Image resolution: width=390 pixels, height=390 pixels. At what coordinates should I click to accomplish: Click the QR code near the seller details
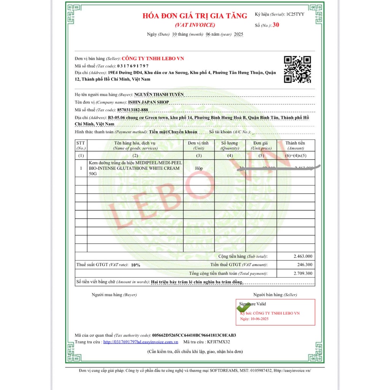[x=297, y=69]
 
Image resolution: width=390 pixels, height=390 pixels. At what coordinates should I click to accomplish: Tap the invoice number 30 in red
[x=276, y=25]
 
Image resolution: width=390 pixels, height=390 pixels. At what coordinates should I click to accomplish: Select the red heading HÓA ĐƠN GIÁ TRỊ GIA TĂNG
[x=195, y=16]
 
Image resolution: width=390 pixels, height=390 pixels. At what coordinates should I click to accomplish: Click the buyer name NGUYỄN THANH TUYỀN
[x=159, y=94]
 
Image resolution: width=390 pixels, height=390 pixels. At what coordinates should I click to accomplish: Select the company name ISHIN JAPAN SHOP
[x=148, y=102]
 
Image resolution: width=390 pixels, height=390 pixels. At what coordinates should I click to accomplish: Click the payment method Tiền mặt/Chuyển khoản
[x=173, y=132]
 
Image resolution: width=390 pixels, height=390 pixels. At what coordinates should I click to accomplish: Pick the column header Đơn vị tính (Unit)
[x=198, y=145]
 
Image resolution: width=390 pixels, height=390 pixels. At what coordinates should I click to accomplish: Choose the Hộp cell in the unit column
[x=198, y=168]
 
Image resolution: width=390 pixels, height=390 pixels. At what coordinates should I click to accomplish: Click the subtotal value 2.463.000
[x=303, y=256]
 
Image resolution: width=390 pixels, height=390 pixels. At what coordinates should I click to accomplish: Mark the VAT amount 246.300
[x=305, y=265]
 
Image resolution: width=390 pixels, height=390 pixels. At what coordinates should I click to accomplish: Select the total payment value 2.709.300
[x=303, y=273]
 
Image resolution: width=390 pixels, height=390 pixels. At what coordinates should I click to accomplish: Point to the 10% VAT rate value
[x=136, y=265]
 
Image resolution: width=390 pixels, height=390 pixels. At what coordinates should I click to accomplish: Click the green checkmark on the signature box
[x=243, y=307]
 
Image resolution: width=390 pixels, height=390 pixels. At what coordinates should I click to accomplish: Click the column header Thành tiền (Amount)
[x=296, y=145]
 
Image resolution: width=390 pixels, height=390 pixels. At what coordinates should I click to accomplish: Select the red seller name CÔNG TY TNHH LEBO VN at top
[x=153, y=59]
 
